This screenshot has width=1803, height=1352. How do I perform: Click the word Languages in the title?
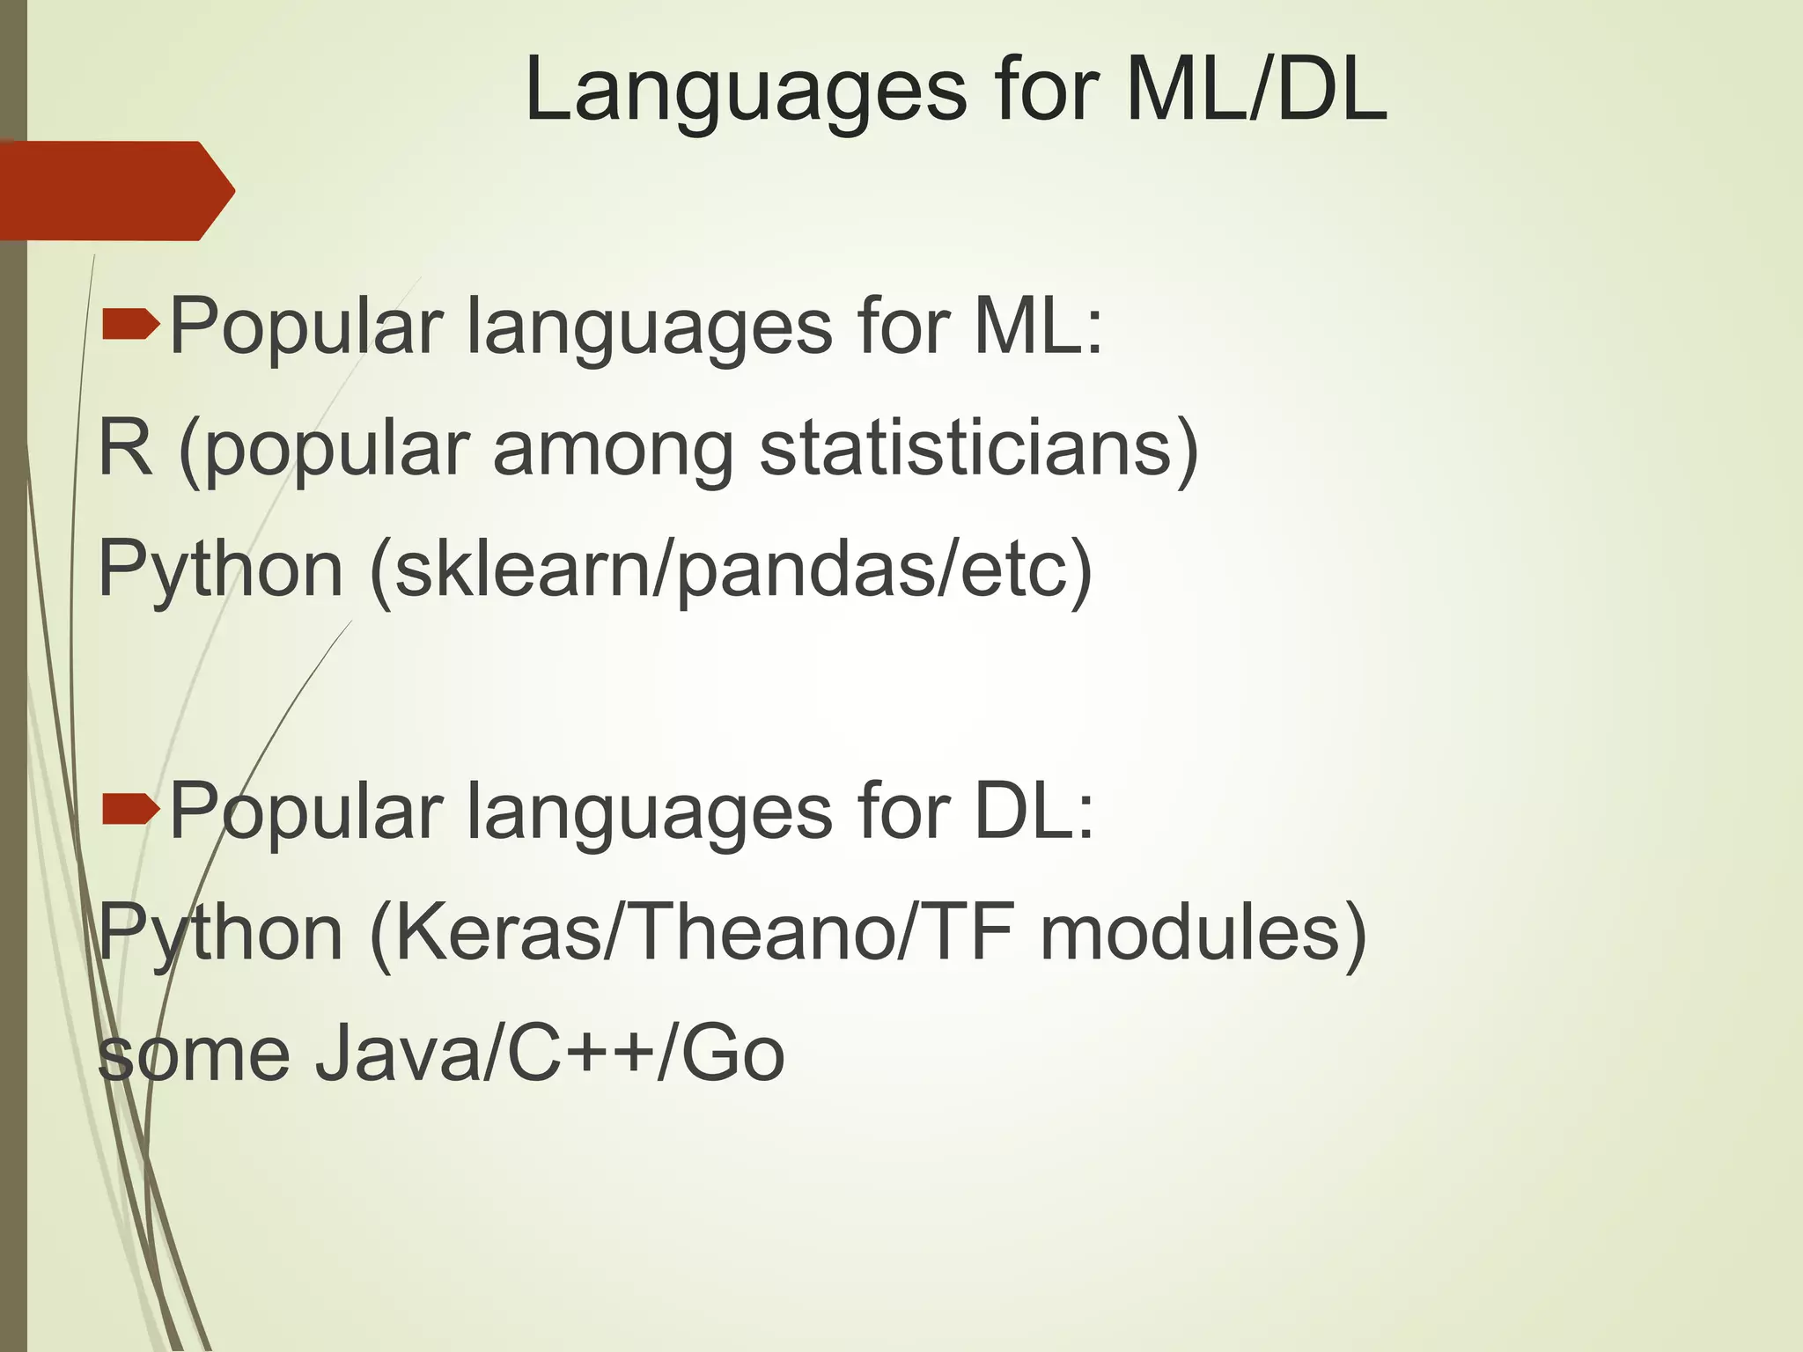pos(745,92)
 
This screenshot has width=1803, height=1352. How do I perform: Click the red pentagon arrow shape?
pos(114,190)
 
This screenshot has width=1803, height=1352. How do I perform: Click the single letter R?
pos(125,448)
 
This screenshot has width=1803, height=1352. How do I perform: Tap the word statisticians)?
pos(978,448)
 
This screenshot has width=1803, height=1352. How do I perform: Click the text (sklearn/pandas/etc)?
pos(731,570)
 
